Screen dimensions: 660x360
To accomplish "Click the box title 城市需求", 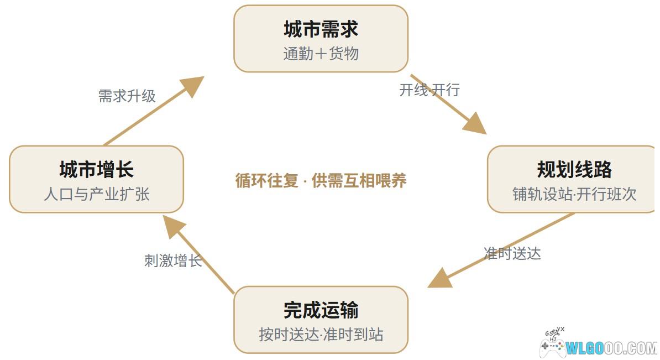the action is pos(321,29).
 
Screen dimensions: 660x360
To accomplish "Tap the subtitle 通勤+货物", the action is pos(321,54).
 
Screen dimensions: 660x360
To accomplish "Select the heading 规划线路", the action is pos(574,169).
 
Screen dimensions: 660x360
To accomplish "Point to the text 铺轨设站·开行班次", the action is pos(574,194).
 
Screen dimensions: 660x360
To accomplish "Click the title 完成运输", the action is pos(321,310).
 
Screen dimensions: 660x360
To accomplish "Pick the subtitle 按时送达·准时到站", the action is pos(321,335).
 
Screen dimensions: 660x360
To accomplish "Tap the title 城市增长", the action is pos(96,169).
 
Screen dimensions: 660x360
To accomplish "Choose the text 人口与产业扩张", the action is pos(96,194).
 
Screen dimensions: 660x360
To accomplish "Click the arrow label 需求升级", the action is pos(127,96).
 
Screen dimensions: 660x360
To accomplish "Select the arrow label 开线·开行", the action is pos(429,90).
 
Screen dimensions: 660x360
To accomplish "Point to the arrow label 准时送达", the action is pos(512,253).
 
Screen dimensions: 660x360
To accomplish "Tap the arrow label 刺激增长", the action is pos(173,260).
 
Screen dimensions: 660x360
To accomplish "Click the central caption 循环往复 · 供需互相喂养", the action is pos(321,181).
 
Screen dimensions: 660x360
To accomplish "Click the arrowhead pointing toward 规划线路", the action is pos(475,124).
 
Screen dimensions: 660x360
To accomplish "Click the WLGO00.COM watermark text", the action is pos(611,348).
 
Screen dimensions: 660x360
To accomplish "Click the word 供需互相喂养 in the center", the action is pos(359,181).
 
